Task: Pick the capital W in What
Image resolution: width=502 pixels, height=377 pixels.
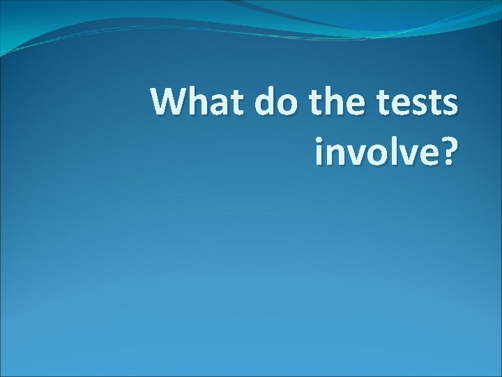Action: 169,103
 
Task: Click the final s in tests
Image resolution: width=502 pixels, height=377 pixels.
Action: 452,105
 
